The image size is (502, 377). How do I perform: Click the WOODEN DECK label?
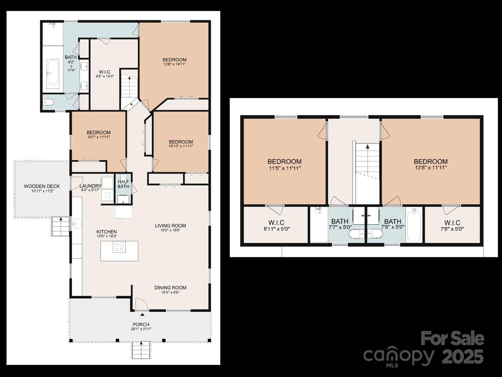click(42, 186)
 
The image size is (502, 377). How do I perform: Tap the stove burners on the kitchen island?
click(119, 247)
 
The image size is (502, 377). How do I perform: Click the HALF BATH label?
click(123, 184)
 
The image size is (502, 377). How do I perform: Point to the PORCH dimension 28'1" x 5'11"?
click(141, 329)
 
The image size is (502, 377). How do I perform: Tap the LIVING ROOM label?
click(170, 226)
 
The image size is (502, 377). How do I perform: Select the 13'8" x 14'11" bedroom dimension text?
click(174, 64)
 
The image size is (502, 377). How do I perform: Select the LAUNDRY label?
click(90, 186)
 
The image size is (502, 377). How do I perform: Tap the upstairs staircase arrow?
click(367, 146)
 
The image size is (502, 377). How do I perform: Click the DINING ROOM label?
click(170, 288)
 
